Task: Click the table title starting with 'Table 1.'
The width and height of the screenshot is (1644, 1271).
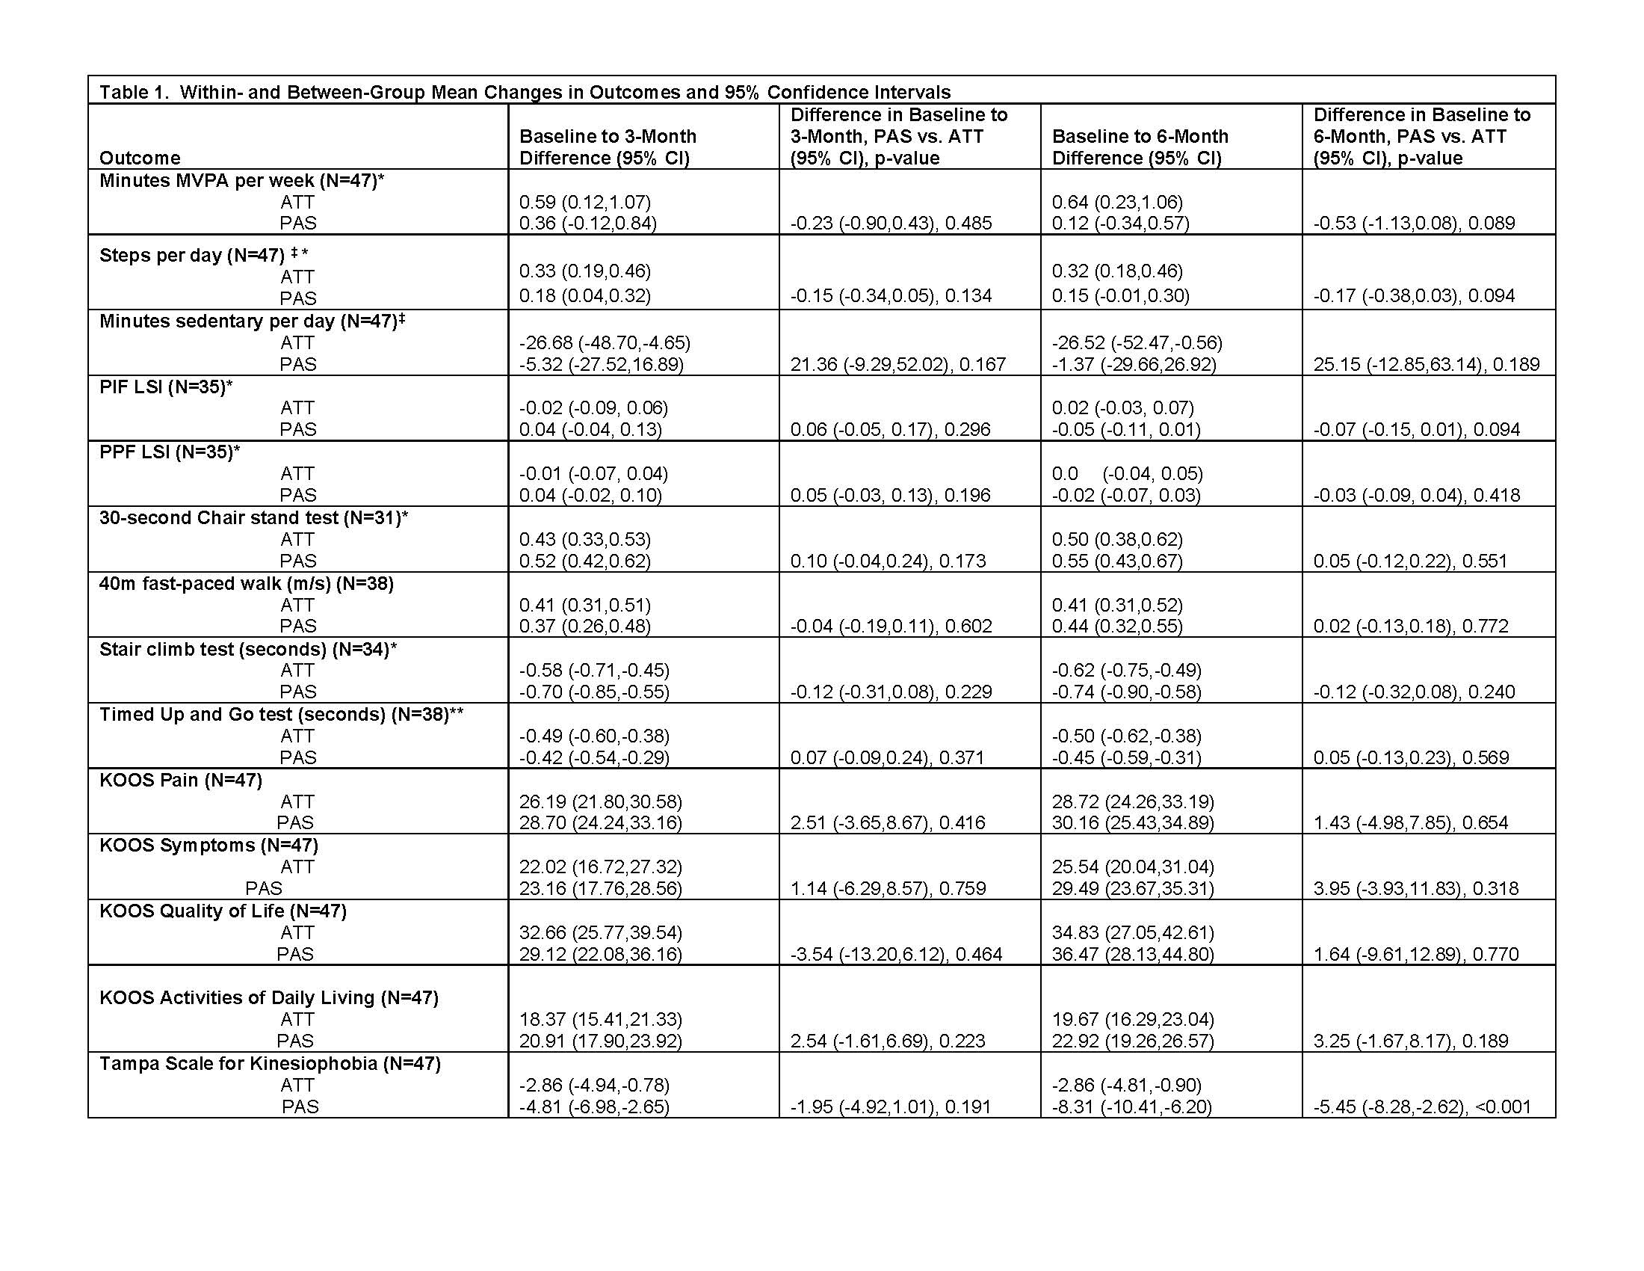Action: tap(525, 92)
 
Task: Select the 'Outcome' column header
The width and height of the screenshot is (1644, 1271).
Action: tap(140, 158)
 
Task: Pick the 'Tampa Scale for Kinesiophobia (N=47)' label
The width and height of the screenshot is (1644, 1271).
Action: tap(270, 1063)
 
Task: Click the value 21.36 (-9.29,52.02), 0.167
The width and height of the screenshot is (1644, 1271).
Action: tap(897, 364)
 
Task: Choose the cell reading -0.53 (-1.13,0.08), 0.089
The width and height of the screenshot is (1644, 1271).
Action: tap(1414, 223)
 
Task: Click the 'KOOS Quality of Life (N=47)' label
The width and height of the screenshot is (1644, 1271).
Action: tap(223, 911)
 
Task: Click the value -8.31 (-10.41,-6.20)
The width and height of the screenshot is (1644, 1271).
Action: tap(1131, 1107)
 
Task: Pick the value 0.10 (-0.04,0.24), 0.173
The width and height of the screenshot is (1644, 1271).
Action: tap(888, 561)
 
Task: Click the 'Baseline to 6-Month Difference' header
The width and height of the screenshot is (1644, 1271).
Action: tap(1140, 147)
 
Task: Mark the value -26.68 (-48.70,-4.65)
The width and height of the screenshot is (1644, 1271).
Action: tap(605, 342)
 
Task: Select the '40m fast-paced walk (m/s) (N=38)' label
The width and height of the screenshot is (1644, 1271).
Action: tap(246, 584)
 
